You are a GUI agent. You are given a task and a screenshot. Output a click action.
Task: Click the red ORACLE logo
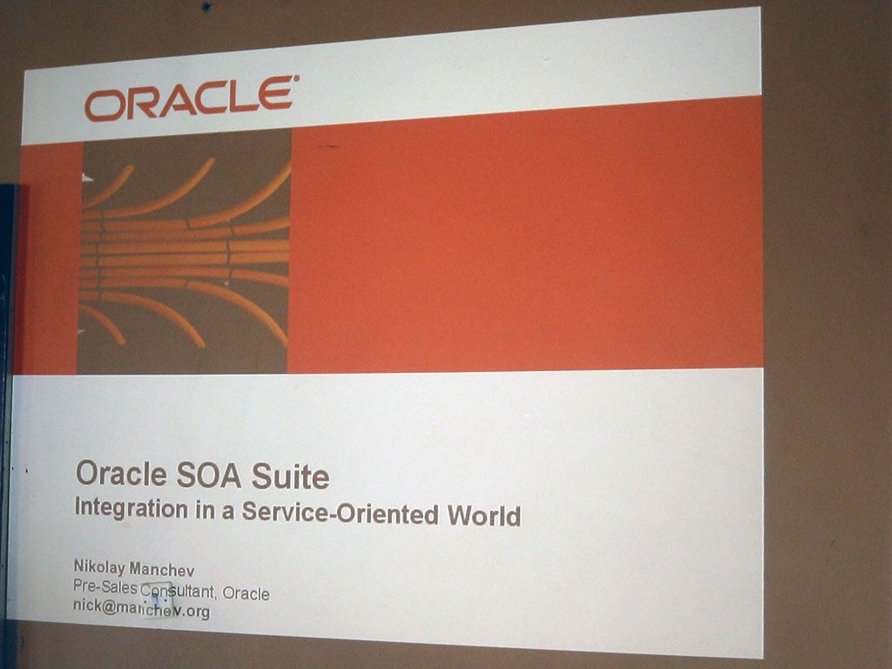189,99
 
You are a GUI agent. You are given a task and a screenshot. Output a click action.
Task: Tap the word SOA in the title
208,476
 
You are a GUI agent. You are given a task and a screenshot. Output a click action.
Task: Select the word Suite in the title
290,476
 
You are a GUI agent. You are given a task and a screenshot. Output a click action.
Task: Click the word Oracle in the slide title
121,473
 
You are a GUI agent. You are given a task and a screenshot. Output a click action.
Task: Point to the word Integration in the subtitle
132,508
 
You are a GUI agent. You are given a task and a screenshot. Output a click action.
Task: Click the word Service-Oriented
341,512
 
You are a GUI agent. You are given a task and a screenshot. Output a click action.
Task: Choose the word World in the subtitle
484,516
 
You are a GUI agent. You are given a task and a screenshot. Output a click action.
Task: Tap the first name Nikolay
99,567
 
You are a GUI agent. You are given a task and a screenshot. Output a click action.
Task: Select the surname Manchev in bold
162,569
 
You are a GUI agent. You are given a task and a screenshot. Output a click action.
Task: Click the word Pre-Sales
105,586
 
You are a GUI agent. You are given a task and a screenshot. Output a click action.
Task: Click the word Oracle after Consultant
246,593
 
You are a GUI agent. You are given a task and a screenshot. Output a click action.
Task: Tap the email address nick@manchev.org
142,608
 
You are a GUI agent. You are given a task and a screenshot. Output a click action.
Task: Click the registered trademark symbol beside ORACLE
295,78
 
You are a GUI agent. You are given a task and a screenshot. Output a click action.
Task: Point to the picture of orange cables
185,253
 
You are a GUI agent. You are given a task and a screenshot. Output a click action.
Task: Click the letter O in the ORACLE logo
105,106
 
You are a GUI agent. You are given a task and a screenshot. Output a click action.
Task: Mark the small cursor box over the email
157,600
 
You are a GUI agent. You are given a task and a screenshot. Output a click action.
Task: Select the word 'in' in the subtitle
205,510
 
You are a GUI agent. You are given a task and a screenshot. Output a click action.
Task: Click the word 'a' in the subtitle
227,512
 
